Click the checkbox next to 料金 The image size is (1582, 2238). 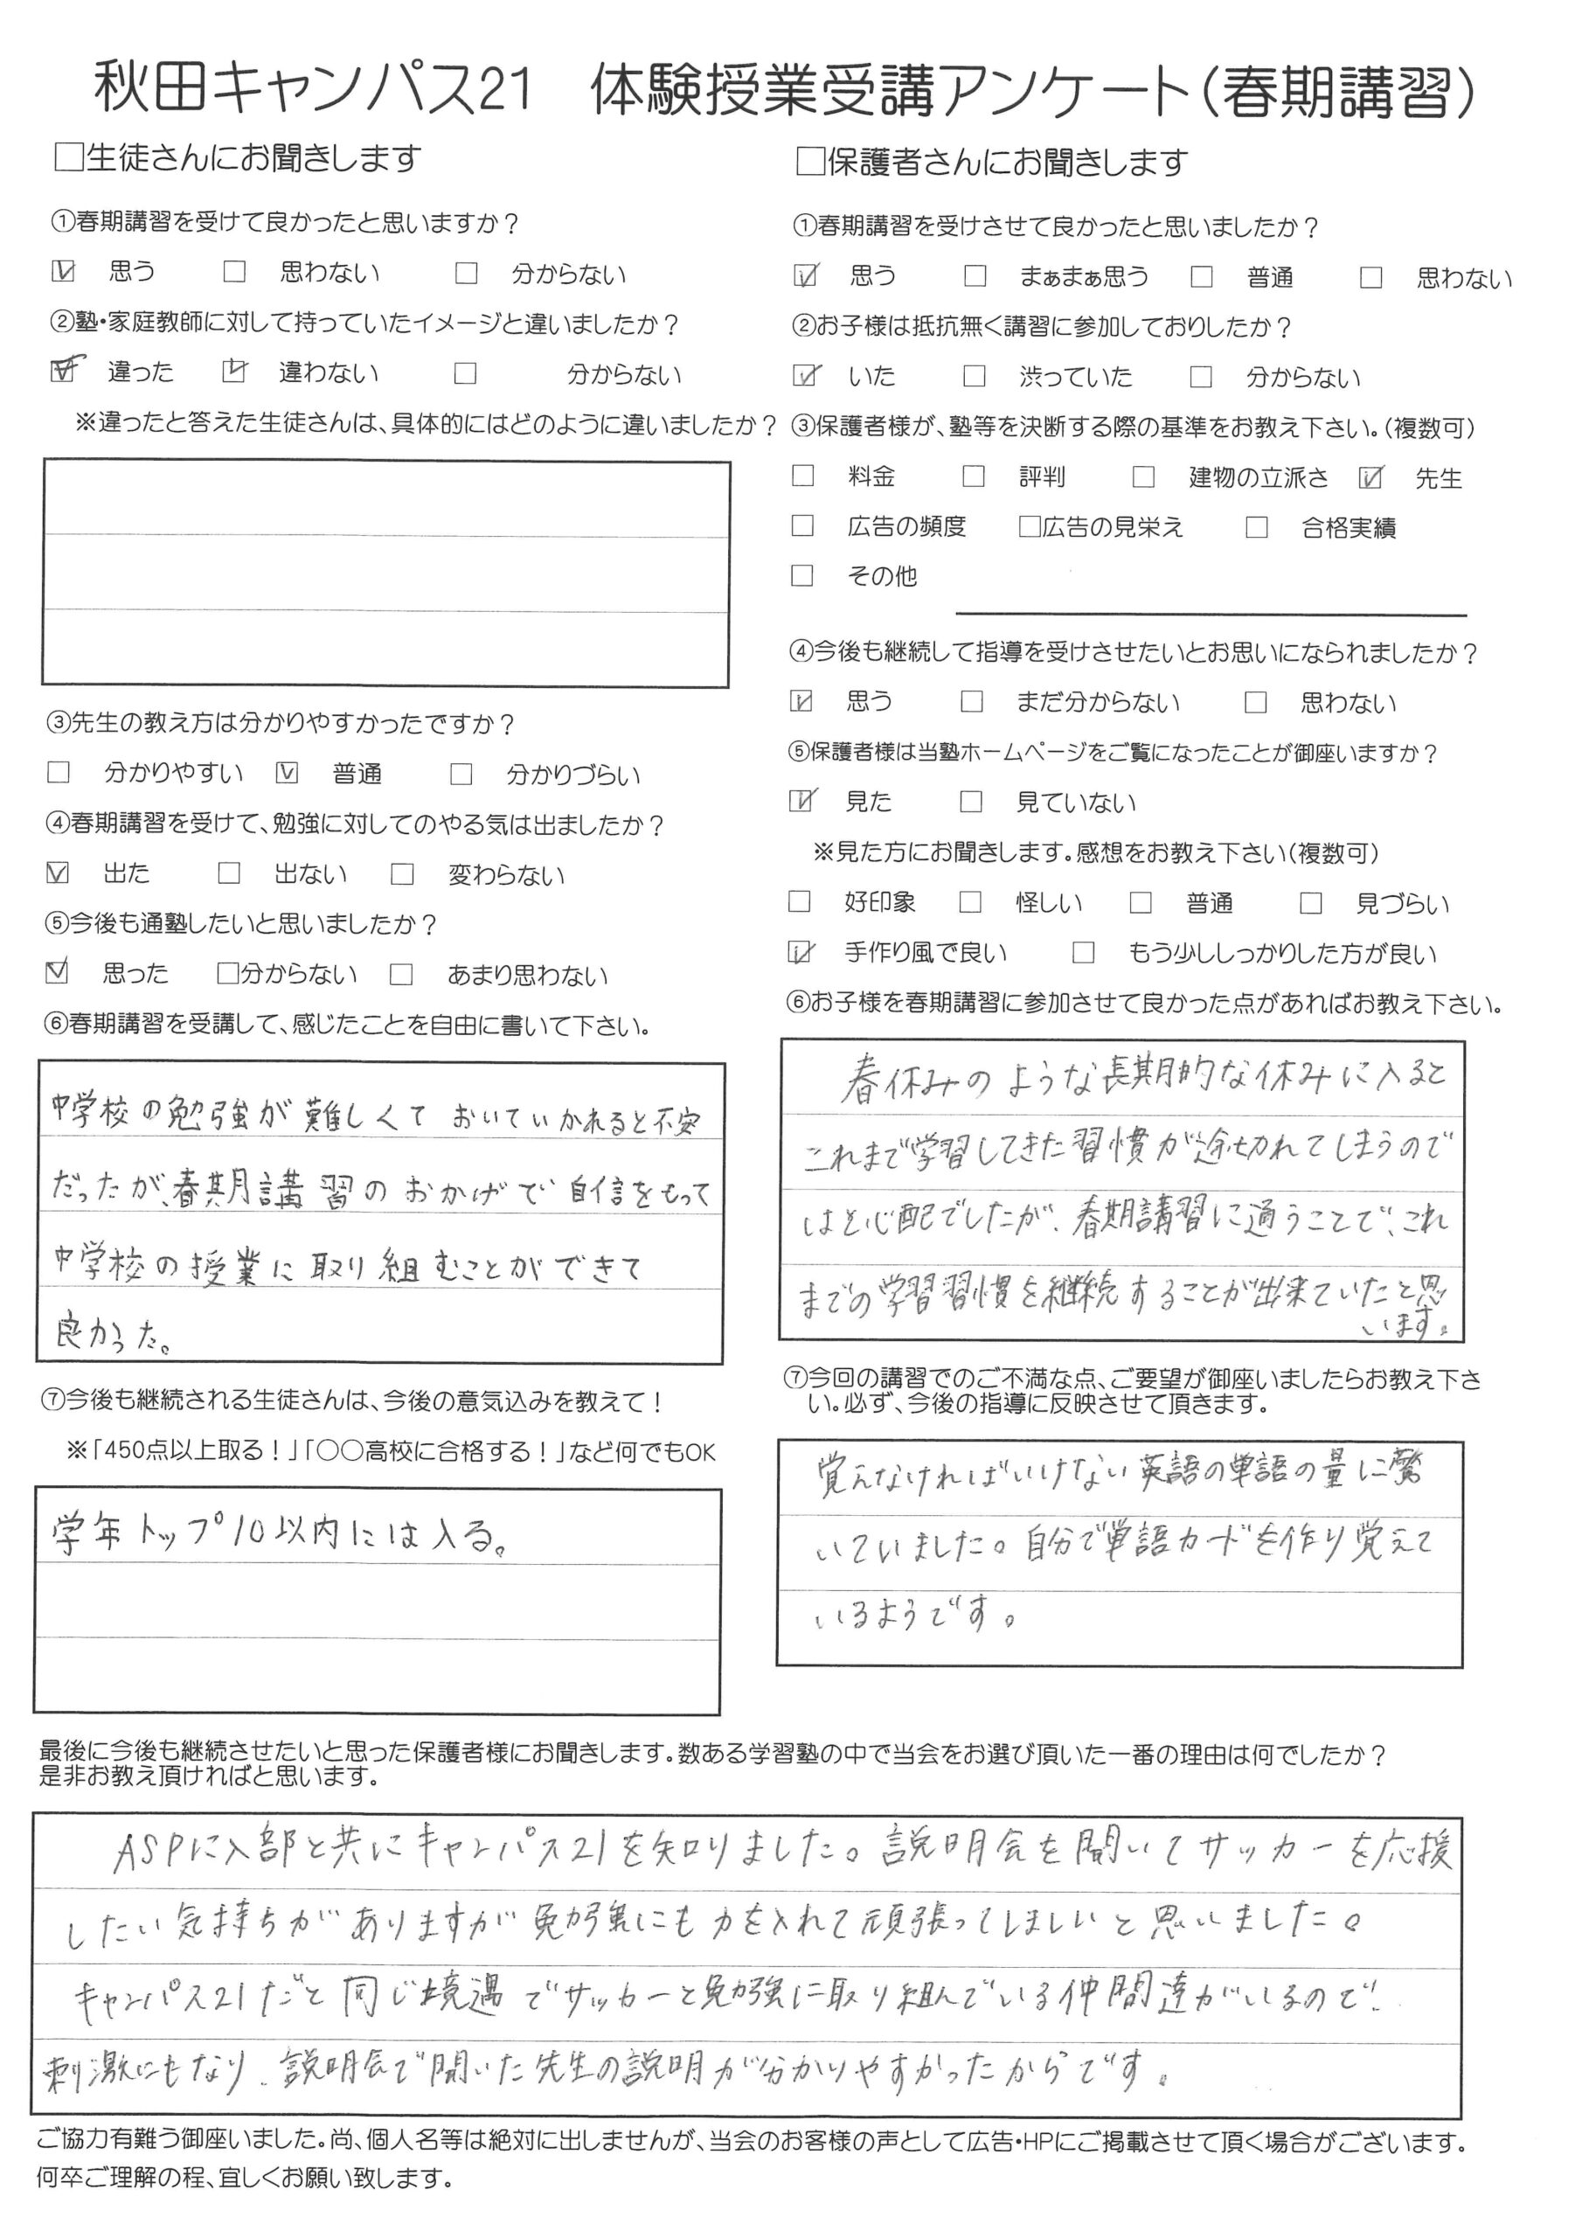802,476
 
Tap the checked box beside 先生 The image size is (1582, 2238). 1370,477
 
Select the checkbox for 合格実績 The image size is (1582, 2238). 1257,527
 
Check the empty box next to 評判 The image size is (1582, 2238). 973,476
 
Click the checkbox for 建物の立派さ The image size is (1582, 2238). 1143,476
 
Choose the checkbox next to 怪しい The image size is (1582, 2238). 970,902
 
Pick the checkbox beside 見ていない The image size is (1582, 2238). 971,803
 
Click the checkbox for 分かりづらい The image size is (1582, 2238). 461,774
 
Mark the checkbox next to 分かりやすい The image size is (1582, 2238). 59,773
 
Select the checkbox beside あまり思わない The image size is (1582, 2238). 401,974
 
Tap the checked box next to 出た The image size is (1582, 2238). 58,872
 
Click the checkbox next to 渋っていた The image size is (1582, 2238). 974,376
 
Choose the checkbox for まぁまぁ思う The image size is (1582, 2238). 975,277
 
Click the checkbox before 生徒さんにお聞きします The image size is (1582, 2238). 69,157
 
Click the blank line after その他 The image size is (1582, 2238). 1211,611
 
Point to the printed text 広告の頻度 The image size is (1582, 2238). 906,527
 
